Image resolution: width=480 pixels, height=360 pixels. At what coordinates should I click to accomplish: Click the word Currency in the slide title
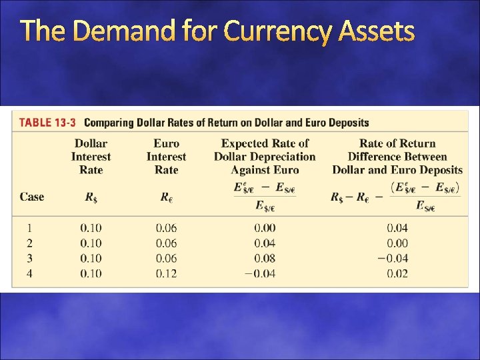tap(279, 31)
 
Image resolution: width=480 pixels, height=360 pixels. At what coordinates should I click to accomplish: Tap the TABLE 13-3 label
tap(47, 123)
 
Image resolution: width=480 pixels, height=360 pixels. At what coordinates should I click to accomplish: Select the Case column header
tap(32, 197)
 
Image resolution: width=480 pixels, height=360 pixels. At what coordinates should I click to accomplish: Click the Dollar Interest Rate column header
tap(91, 157)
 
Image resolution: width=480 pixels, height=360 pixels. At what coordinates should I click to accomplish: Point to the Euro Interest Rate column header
tap(166, 157)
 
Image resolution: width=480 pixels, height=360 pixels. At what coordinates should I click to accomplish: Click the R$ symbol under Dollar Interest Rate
tap(91, 197)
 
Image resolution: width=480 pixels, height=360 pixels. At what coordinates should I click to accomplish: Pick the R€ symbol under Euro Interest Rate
tap(166, 197)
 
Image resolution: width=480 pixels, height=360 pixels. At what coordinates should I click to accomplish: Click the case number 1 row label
tap(29, 228)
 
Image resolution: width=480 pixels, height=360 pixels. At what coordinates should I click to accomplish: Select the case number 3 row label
tap(29, 258)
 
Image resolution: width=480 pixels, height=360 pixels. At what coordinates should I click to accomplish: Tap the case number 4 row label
tap(29, 273)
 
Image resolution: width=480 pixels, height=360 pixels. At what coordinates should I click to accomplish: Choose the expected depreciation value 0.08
tap(265, 258)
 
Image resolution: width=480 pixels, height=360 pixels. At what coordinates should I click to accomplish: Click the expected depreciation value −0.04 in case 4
tap(261, 273)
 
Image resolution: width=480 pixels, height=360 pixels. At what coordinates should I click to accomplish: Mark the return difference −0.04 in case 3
tap(393, 258)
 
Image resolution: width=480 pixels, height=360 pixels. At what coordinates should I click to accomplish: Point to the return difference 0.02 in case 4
tap(397, 273)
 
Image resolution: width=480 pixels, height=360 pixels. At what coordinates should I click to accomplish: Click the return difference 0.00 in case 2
tap(397, 243)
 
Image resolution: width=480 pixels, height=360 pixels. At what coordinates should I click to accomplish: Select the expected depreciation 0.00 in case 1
tap(265, 228)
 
